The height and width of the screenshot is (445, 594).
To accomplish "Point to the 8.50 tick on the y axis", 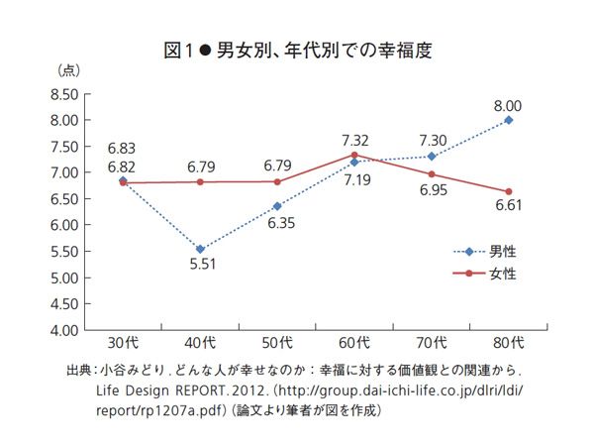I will point(63,94).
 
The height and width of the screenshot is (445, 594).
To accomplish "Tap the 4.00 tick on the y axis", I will point(63,330).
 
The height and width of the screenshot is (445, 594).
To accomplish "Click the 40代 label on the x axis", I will point(200,345).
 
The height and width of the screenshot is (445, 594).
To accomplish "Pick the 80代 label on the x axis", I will point(509,345).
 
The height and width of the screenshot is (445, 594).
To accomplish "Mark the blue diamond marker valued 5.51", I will point(200,250).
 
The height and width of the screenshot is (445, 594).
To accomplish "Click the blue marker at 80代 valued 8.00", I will point(509,120).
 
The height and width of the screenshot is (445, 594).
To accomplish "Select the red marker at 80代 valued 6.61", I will point(509,192).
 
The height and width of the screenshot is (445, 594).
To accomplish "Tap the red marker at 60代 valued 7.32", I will point(354,155).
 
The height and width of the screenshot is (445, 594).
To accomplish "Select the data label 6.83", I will point(123,147).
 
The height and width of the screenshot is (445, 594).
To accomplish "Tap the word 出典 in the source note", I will point(77,371).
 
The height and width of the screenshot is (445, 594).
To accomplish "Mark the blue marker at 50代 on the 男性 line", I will point(277,206).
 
